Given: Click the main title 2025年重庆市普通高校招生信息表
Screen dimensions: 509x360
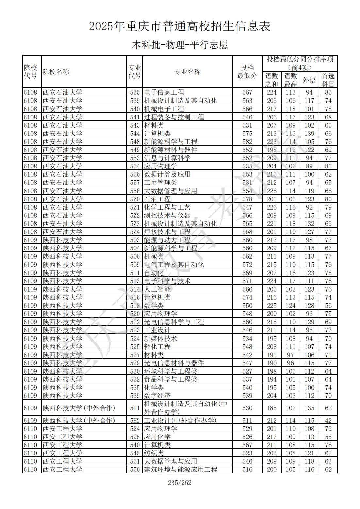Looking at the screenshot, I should pyautogui.click(x=180, y=26).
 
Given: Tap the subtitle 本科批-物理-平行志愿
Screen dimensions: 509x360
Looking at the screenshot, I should pyautogui.click(x=180, y=45).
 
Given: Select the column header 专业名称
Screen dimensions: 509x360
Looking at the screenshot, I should pyautogui.click(x=187, y=72).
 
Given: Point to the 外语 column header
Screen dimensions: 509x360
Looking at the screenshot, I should pyautogui.click(x=309, y=80).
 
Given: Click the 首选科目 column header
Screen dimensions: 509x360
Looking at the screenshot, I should pyautogui.click(x=328, y=80).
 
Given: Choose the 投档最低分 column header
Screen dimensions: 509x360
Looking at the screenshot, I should pyautogui.click(x=247, y=72).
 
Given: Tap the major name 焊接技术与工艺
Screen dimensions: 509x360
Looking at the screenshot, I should pyautogui.click(x=167, y=232).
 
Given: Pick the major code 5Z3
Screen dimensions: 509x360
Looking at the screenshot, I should pyautogui.click(x=135, y=224).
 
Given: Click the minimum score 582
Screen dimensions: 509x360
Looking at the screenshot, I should pyautogui.click(x=247, y=142).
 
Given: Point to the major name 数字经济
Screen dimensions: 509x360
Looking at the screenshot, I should pyautogui.click(x=157, y=396).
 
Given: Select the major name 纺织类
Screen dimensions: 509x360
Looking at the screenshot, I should pyautogui.click(x=154, y=453).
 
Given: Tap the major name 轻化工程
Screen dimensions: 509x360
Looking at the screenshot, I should pyautogui.click(x=157, y=347).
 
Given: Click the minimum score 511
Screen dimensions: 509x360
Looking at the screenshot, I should pyautogui.click(x=247, y=421).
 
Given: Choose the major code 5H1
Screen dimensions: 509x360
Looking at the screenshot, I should pyautogui.click(x=135, y=408).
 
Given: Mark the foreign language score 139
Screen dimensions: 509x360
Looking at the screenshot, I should pyautogui.click(x=309, y=134).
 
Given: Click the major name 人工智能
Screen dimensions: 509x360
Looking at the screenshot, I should pyautogui.click(x=157, y=289).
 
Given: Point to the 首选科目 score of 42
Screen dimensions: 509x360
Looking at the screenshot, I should pyautogui.click(x=328, y=421).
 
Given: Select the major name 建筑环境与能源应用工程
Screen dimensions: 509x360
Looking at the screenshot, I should pyautogui.click(x=180, y=469).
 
